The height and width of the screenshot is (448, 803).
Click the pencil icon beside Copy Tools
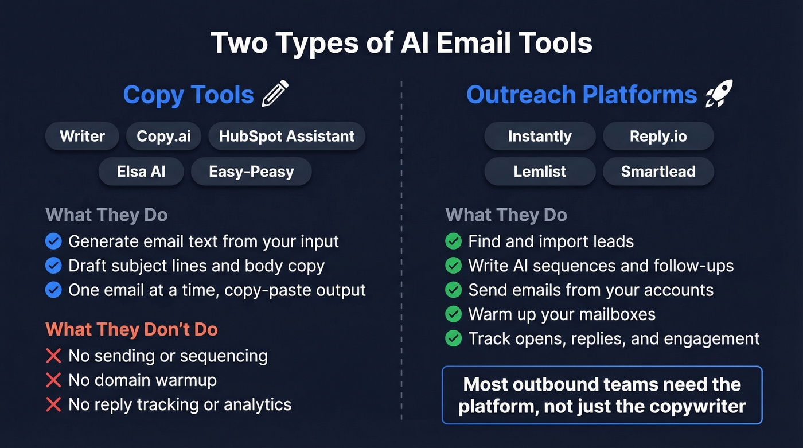[275, 94]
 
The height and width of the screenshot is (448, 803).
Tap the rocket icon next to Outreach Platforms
[719, 94]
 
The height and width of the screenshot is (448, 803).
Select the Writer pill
[82, 137]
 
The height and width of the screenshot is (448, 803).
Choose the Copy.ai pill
[163, 137]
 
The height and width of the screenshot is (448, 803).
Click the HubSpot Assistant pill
[286, 137]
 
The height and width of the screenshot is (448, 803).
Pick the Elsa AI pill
[141, 172]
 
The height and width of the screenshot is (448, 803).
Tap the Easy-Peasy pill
[251, 172]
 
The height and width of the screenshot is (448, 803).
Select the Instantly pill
[540, 137]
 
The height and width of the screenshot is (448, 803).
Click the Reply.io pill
[658, 137]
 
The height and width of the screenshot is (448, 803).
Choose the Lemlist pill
[540, 172]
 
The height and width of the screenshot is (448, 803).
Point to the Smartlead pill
[658, 172]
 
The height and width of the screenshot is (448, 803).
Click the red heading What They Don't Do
[131, 329]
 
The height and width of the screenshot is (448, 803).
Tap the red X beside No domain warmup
[53, 380]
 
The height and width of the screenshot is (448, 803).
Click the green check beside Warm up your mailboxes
[453, 314]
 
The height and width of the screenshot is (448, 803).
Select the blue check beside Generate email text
[53, 241]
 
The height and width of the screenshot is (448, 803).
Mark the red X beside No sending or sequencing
[53, 356]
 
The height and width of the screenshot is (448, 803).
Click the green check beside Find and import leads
[453, 241]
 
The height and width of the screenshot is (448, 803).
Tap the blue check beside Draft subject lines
[53, 266]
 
